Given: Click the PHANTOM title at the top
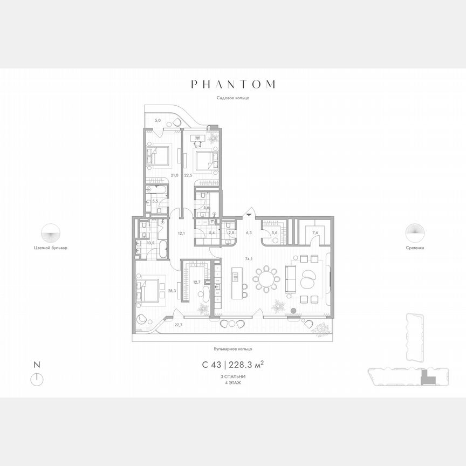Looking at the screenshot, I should pyautogui.click(x=233, y=84).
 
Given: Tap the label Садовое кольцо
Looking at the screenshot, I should pyautogui.click(x=232, y=98).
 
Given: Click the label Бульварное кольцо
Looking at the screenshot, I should pyautogui.click(x=233, y=349).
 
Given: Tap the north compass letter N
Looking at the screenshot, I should pyautogui.click(x=36, y=365).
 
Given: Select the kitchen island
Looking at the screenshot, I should pyautogui.click(x=235, y=280).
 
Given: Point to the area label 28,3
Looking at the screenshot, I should pyautogui.click(x=172, y=291).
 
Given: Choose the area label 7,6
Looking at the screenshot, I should pyautogui.click(x=315, y=233).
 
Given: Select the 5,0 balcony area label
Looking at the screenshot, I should pyautogui.click(x=157, y=120).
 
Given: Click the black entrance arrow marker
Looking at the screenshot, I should pyautogui.click(x=249, y=214).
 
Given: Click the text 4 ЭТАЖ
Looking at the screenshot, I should pyautogui.click(x=233, y=382).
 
